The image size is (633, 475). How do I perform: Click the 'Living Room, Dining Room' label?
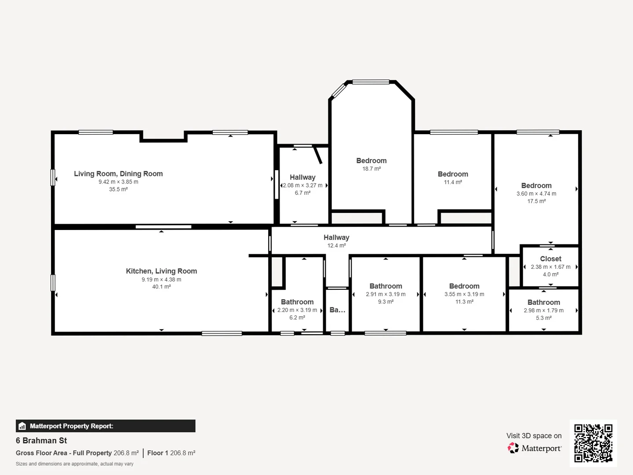pos(118,174)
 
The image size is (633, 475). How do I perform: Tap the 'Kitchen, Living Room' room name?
pos(161,271)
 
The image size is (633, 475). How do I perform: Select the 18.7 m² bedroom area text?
pos(371,169)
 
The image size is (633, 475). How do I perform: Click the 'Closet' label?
pos(550,259)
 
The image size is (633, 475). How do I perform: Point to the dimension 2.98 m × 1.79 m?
pos(543,311)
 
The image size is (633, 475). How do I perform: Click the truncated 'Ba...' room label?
pos(337,310)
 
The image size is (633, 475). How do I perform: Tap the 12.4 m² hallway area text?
pos(336,245)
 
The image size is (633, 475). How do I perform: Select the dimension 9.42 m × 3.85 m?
pos(118,182)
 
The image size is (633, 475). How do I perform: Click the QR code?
pos(593,443)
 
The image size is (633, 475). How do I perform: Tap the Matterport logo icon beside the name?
pos(513,448)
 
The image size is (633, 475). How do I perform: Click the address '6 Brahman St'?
pos(41,441)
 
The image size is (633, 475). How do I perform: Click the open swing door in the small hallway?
pos(318,155)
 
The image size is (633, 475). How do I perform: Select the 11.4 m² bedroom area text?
pos(453,182)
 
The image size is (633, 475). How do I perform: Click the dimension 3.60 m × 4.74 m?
pos(536,194)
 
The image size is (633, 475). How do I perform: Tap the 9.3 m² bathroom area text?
pos(386,302)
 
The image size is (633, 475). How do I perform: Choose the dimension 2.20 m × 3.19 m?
pos(297,310)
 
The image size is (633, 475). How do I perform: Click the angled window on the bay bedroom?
pos(338,90)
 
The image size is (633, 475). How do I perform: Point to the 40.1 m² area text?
pos(161,287)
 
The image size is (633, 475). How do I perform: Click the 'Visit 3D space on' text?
pos(534,436)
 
